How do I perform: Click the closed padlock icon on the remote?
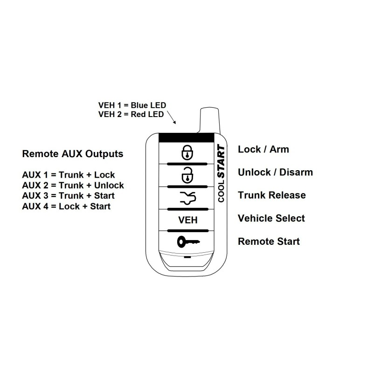(x=187, y=152)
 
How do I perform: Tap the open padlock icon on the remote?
(x=187, y=176)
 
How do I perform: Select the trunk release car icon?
(x=188, y=198)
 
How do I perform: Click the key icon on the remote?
(x=188, y=242)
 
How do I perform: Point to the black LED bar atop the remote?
(x=186, y=138)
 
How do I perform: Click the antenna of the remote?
(x=210, y=120)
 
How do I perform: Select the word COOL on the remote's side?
(x=221, y=191)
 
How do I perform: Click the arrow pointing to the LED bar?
(x=172, y=117)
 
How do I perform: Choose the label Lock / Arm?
(x=263, y=149)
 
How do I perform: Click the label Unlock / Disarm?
(x=275, y=172)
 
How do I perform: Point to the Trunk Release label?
(x=272, y=195)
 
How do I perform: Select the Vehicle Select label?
(x=271, y=218)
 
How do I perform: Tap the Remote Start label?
(x=269, y=241)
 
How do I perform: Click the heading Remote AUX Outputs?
(x=73, y=154)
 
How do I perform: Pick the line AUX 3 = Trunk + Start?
(x=68, y=195)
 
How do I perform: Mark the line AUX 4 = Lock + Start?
(x=66, y=206)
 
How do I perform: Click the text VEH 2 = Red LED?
(x=131, y=114)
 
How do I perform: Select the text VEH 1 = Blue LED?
(x=132, y=105)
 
